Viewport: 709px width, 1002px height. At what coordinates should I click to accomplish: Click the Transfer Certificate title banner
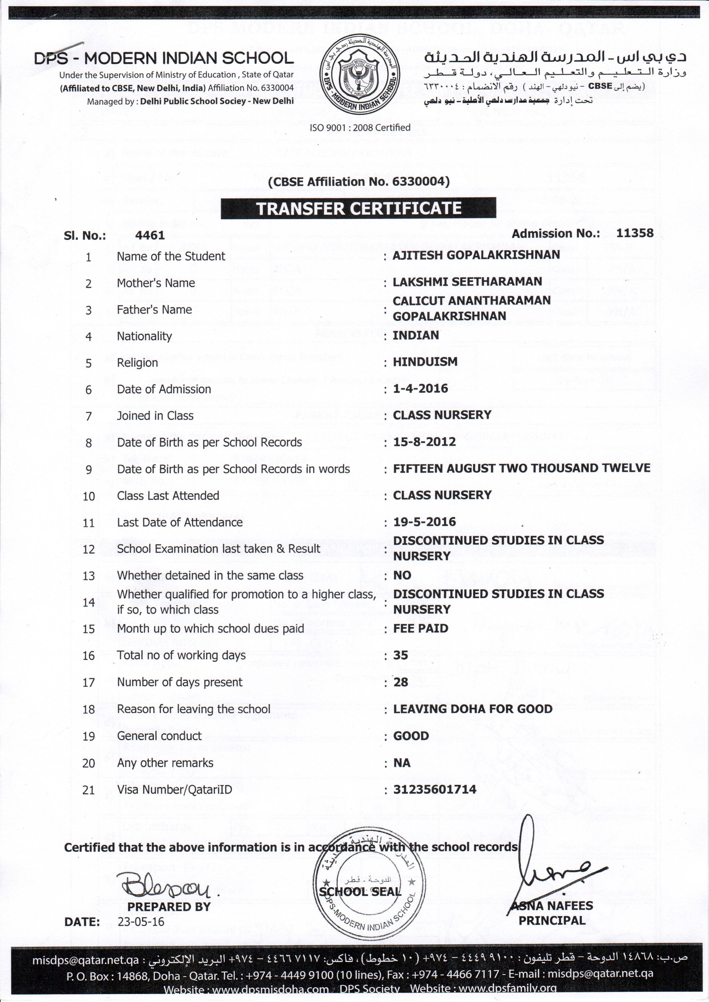358,208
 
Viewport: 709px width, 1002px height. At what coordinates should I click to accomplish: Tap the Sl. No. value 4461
150,235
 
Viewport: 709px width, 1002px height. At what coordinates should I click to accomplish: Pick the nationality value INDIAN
416,335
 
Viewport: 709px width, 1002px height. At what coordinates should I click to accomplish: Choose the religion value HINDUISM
425,362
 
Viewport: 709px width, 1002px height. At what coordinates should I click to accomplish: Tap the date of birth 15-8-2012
424,442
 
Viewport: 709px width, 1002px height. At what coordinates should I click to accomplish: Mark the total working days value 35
400,655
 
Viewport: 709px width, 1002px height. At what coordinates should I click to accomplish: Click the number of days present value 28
400,682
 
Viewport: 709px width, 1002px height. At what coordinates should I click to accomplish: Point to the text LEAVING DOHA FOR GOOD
472,709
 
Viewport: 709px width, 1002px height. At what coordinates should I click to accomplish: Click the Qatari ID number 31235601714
434,789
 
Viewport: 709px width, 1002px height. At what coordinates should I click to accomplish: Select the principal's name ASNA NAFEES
552,906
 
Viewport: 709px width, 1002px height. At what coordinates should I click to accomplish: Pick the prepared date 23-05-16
141,922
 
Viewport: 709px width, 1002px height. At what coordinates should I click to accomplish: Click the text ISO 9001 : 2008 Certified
360,127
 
